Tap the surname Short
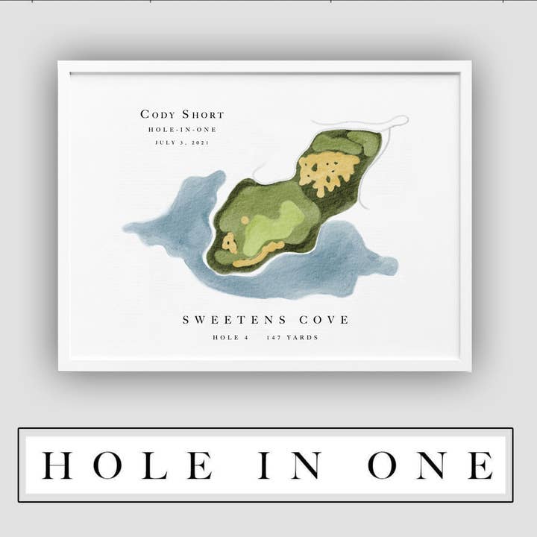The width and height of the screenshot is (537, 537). tap(202, 114)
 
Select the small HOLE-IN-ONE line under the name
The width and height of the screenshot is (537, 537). tap(182, 129)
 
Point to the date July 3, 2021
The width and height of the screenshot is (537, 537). tap(182, 142)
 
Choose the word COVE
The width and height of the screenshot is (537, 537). tap(324, 320)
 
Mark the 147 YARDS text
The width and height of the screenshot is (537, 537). tap(292, 338)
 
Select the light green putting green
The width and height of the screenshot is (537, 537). tap(272, 224)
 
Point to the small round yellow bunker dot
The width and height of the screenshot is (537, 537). tap(245, 220)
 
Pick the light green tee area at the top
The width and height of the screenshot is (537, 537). tap(339, 142)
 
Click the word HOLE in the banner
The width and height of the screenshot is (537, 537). tap(127, 465)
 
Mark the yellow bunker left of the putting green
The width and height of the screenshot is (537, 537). tap(229, 243)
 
